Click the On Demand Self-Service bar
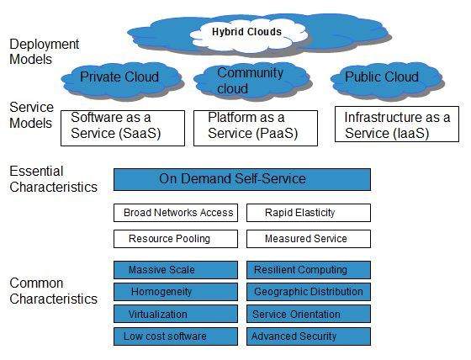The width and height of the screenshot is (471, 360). point(242,179)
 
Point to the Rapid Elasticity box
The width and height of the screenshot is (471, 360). point(308,213)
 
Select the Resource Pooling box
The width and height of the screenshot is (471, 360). point(176,239)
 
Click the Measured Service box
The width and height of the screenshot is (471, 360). point(308,239)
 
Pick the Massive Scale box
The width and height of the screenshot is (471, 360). point(176,270)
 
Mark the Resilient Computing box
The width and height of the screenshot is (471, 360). point(308,270)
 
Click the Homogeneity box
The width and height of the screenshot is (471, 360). point(176,292)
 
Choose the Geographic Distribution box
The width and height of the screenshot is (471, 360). point(308,292)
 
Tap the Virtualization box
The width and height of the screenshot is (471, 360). point(176,315)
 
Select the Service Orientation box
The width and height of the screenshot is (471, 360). point(308,315)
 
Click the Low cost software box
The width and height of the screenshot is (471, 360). point(176,336)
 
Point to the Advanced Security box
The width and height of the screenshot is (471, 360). point(308,336)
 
